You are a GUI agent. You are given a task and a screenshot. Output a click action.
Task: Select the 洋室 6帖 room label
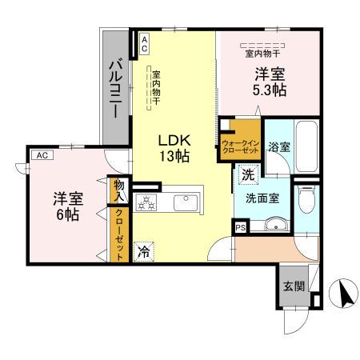[x=66, y=206]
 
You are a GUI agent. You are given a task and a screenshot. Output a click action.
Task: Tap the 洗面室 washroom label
[x=262, y=198]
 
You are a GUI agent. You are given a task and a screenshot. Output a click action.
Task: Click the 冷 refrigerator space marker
[x=143, y=250]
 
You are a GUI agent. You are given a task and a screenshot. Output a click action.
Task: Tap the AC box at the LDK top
[x=144, y=44]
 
